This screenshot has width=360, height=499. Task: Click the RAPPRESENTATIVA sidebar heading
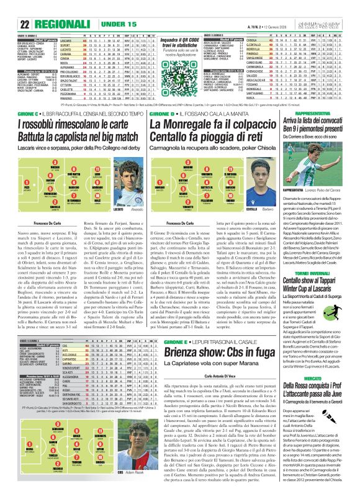coord(323,115)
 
